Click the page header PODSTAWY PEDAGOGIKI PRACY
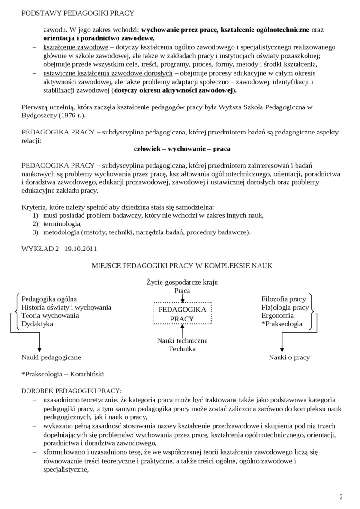[78, 13]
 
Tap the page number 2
[341, 497]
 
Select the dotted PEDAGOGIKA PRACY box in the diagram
[182, 314]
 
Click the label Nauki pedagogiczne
[51, 357]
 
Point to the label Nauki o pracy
[289, 357]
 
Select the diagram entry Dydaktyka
[37, 324]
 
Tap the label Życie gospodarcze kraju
[182, 282]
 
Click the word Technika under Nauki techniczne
[182, 349]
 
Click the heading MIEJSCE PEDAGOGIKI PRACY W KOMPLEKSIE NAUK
[182, 266]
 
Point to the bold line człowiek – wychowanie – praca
[182, 149]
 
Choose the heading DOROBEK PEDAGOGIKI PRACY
[72, 391]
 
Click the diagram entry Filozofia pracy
[284, 299]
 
